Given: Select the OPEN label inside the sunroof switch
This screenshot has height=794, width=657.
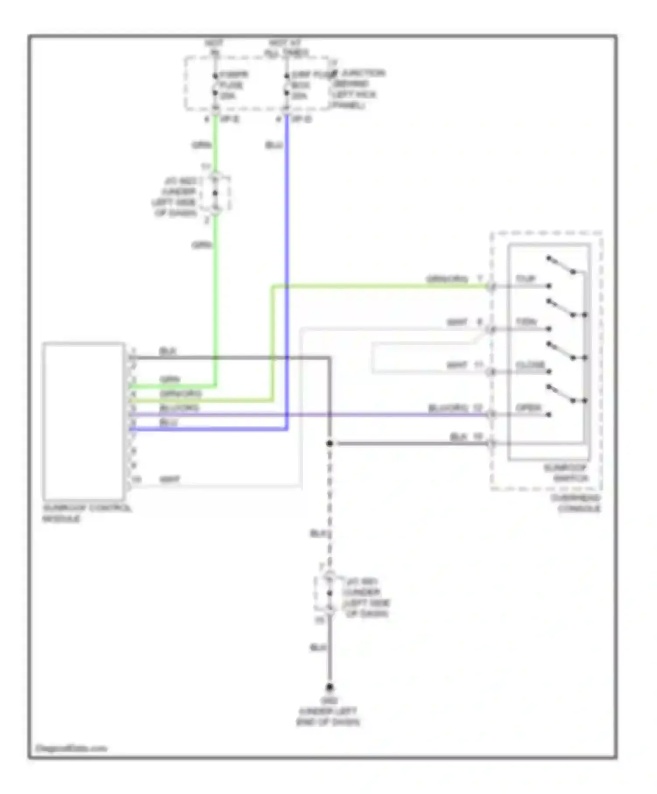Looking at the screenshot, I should tap(528, 408).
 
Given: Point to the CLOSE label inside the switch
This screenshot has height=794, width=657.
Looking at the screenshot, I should tap(530, 365).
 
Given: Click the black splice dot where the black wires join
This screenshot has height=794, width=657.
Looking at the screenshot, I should tap(329, 443).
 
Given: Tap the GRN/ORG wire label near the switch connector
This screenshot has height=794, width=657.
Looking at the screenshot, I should tap(447, 279).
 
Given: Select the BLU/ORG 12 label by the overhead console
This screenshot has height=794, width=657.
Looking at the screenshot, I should tap(455, 408).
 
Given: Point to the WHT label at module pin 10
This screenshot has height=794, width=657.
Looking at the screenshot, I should tap(170, 480).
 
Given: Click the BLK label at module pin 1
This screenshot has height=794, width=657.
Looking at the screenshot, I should tap(167, 351).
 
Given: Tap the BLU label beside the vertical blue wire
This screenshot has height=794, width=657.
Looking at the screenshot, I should tap(274, 145).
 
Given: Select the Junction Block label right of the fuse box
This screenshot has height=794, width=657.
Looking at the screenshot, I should tap(357, 89).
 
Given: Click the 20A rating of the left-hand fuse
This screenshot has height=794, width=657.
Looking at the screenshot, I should tap(228, 96).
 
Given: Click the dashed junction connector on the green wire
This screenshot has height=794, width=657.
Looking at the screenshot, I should tap(215, 193).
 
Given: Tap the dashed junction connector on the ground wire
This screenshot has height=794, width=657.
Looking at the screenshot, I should tap(329, 594).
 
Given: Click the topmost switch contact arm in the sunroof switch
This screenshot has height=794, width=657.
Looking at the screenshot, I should tap(561, 265).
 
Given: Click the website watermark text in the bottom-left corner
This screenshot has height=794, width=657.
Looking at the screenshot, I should tap(71, 748).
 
